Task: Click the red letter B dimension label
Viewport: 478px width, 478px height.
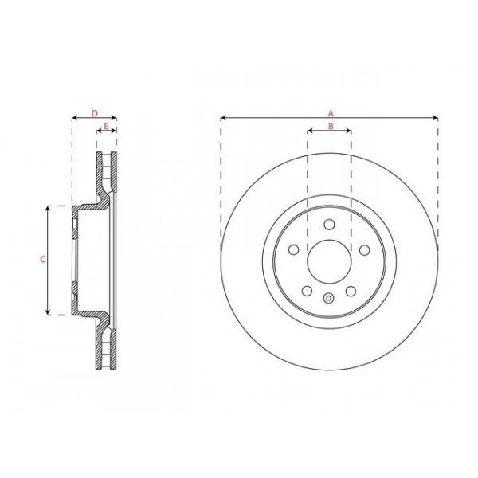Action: pyautogui.click(x=329, y=125)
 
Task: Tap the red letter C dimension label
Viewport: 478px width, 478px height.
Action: pyautogui.click(x=42, y=260)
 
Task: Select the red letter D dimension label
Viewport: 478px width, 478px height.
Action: pyautogui.click(x=94, y=113)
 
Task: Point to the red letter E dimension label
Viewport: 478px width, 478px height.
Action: pyautogui.click(x=106, y=125)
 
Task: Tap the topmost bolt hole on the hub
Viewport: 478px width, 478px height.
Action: pyautogui.click(x=329, y=224)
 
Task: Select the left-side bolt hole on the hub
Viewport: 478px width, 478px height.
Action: pyautogui.click(x=294, y=250)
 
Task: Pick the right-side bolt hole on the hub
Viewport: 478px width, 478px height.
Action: pyautogui.click(x=364, y=250)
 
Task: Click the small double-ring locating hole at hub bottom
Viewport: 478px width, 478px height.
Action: pyautogui.click(x=329, y=299)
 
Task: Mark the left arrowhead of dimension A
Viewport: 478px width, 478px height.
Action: pyautogui.click(x=223, y=119)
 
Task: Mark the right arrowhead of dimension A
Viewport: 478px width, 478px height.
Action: pyautogui.click(x=435, y=119)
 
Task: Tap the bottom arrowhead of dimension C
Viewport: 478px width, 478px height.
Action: pyautogui.click(x=48, y=313)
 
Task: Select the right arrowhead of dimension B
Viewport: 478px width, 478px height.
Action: pyautogui.click(x=349, y=131)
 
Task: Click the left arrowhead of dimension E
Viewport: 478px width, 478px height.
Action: pyautogui.click(x=98, y=131)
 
